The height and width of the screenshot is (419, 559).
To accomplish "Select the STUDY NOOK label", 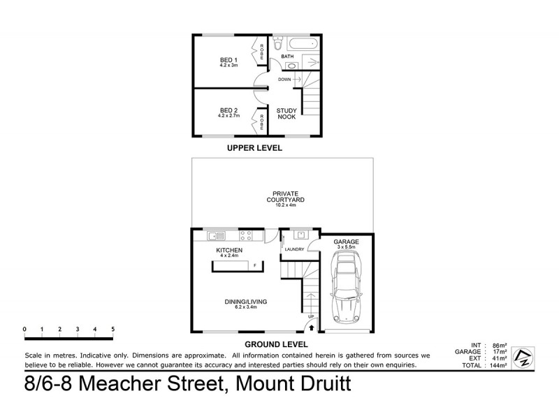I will [286, 113].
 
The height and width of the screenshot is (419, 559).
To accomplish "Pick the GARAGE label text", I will [346, 242].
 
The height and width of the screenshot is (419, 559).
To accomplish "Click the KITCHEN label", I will [228, 250].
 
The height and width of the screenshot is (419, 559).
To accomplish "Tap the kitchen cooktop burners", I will [245, 235].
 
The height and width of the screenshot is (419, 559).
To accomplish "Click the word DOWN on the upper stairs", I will [284, 80].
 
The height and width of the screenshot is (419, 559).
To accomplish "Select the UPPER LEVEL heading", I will [254, 148].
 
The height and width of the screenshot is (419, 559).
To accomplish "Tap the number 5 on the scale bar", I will [112, 328].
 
